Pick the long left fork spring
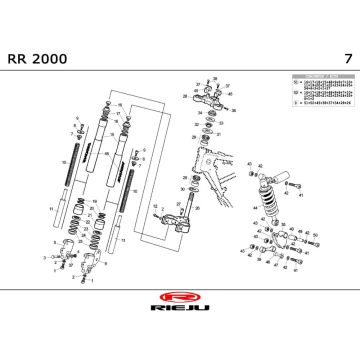coord(77,156)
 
